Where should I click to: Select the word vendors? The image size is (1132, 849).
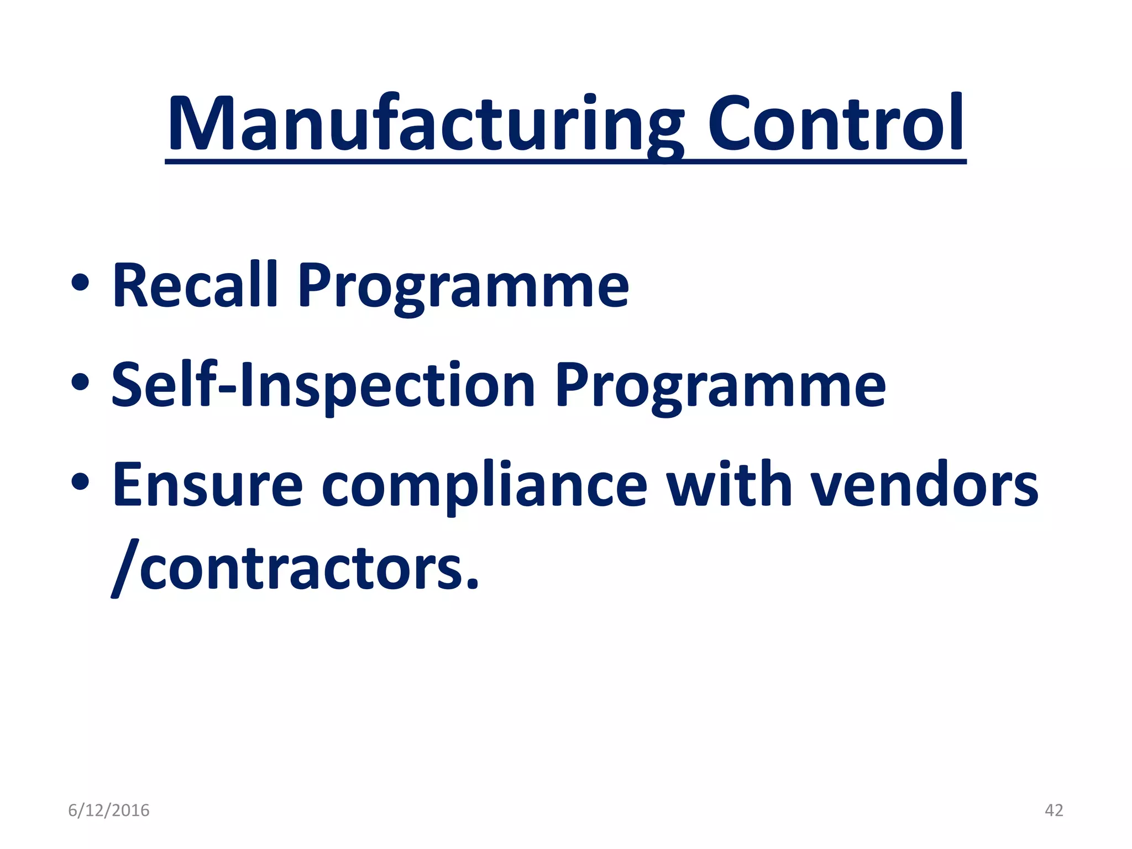(924, 484)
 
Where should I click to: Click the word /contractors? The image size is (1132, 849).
(295, 569)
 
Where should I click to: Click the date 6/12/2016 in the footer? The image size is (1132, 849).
(109, 810)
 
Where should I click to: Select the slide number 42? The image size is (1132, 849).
(1054, 810)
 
